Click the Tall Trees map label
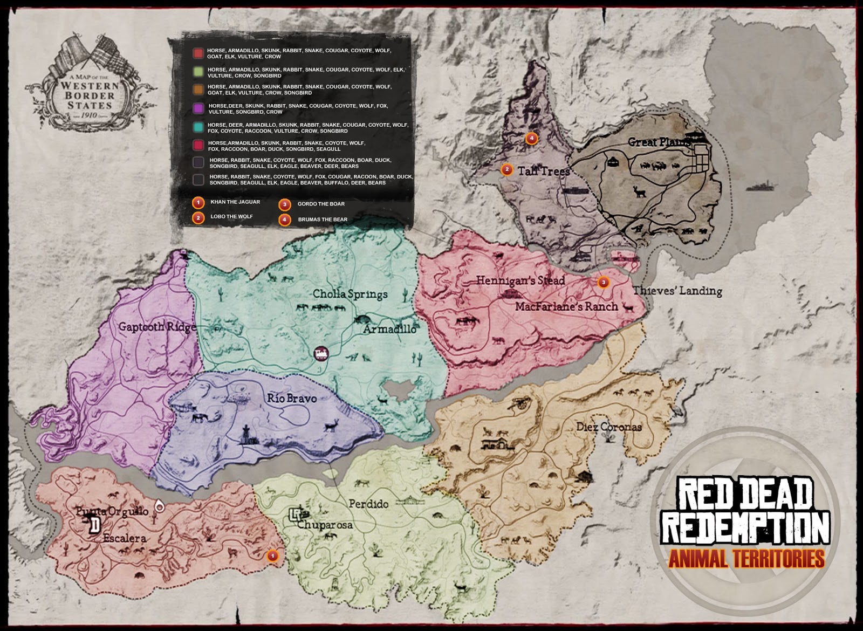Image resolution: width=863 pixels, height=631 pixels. coord(543,172)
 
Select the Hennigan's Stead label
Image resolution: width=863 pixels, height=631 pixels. coord(520,280)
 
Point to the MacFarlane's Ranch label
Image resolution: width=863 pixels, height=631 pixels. coord(566,306)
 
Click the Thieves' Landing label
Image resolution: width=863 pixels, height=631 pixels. coord(677,291)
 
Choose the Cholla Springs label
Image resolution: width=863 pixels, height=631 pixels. coord(350,294)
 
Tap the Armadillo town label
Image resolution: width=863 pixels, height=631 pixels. coord(389,329)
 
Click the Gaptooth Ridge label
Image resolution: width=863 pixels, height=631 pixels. coord(157,326)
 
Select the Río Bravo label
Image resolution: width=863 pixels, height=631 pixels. coord(292,399)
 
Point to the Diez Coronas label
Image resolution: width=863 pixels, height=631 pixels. coord(609,427)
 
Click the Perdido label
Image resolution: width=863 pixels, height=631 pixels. coord(368,504)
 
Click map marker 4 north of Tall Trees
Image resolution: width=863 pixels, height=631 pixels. coord(531,139)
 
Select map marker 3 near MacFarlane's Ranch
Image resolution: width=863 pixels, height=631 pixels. coord(603,282)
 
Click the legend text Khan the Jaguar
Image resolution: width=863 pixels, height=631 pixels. coord(235,202)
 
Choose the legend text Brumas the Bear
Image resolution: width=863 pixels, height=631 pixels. coord(323,220)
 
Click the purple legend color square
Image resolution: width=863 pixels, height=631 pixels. coord(198,108)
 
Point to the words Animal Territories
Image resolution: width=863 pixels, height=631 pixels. coord(746,559)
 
